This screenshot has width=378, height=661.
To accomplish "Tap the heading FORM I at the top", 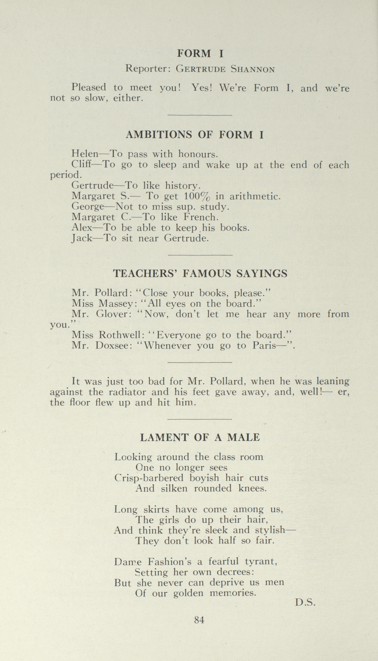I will coord(200,53).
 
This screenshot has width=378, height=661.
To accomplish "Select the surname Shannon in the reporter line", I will coord(252,69).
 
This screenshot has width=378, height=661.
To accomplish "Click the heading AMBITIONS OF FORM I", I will coord(195,135).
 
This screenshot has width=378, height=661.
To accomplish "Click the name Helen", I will coord(85,154).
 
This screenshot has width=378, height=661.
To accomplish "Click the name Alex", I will coord(82,228).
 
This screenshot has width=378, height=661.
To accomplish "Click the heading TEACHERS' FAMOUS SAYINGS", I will coord(200,273).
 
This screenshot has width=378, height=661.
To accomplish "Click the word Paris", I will coord(264,346).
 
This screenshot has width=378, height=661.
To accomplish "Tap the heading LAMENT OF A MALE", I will coord(200,437).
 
